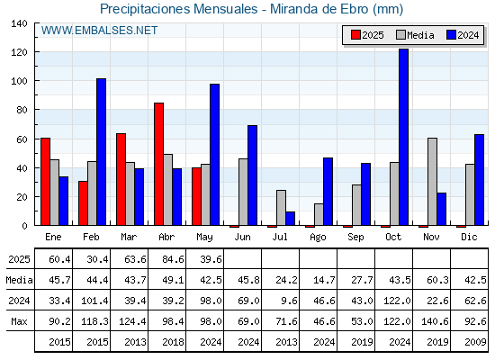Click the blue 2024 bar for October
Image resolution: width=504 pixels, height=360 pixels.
click(x=403, y=137)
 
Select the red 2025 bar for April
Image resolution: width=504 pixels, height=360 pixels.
click(x=158, y=164)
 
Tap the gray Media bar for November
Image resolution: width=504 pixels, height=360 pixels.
click(x=432, y=182)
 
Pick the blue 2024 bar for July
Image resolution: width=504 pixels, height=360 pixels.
click(x=290, y=218)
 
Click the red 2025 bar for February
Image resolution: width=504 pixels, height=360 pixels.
click(x=83, y=203)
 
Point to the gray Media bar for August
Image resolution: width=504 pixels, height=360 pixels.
click(x=319, y=214)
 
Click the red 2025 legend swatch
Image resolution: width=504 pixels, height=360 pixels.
click(x=355, y=35)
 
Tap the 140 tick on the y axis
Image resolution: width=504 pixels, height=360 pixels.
click(x=19, y=23)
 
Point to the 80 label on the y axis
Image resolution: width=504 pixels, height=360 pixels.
click(x=22, y=110)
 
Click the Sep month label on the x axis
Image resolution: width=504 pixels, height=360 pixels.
click(x=355, y=238)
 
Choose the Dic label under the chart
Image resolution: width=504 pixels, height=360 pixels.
click(x=469, y=237)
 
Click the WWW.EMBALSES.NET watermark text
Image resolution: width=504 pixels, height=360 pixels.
click(x=99, y=31)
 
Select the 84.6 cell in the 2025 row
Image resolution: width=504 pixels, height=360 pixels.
click(x=173, y=259)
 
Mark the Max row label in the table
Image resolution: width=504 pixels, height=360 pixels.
click(x=19, y=321)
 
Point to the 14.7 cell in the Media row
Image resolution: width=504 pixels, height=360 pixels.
click(x=324, y=280)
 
